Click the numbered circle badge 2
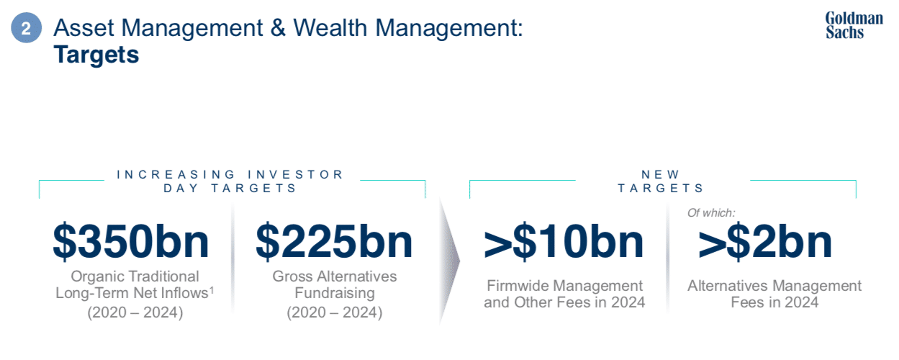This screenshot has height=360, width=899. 26,27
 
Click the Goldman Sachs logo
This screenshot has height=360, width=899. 854,25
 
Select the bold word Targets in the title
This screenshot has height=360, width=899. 96,55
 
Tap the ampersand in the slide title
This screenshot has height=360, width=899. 278,27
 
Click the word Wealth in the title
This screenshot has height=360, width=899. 330,27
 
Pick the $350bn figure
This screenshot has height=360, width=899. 131,242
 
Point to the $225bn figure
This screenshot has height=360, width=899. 334,242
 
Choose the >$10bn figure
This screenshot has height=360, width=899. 564,242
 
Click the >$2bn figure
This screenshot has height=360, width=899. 765,242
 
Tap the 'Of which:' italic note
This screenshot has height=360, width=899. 711,212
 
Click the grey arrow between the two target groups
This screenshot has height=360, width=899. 449,261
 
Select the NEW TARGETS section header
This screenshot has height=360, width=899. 661,181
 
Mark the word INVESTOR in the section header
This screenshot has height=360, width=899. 295,174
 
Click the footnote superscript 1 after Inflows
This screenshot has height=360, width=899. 212,289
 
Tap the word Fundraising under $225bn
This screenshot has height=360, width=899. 335,293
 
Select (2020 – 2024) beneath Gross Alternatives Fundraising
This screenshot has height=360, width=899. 335,312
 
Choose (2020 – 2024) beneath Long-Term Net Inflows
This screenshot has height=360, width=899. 135,312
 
